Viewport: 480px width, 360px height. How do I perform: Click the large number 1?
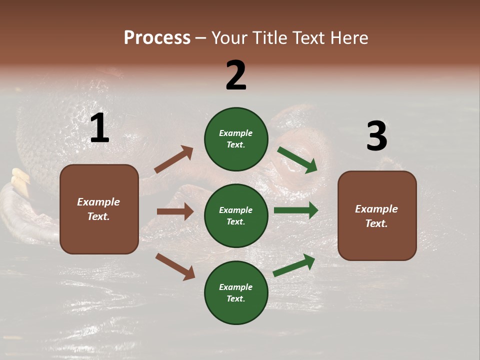pyautogui.click(x=99, y=128)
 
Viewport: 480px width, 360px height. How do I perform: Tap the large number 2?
pyautogui.click(x=236, y=75)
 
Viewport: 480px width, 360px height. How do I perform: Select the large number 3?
pyautogui.click(x=376, y=136)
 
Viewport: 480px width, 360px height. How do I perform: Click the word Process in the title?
pyautogui.click(x=157, y=37)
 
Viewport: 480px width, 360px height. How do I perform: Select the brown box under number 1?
pyautogui.click(x=99, y=209)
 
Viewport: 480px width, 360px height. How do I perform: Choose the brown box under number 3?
pyautogui.click(x=377, y=215)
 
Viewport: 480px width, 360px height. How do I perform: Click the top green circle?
pyautogui.click(x=236, y=139)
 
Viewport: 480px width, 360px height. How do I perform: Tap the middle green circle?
pyautogui.click(x=236, y=215)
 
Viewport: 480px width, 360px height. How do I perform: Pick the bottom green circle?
pyautogui.click(x=236, y=292)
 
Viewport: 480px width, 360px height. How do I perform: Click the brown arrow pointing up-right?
pyautogui.click(x=174, y=159)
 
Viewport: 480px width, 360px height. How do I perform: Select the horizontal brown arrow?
pyautogui.click(x=175, y=211)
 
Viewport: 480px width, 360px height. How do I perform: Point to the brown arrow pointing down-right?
pyautogui.click(x=175, y=266)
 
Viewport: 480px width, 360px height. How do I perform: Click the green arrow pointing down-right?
pyautogui.click(x=297, y=160)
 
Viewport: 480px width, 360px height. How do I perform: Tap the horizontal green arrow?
pyautogui.click(x=296, y=210)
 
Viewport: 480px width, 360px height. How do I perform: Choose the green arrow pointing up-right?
pyautogui.click(x=294, y=265)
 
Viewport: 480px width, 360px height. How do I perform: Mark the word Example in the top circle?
pyautogui.click(x=236, y=133)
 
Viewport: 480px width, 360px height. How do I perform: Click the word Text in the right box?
pyautogui.click(x=376, y=223)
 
